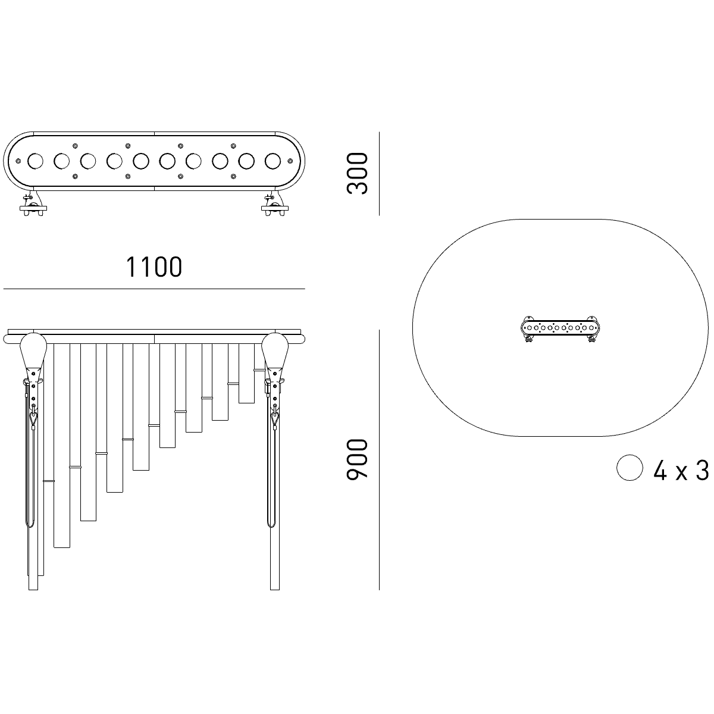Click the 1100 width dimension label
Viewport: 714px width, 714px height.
pyautogui.click(x=154, y=267)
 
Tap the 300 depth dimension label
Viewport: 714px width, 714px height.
pyautogui.click(x=357, y=173)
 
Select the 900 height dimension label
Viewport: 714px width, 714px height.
pyautogui.click(x=357, y=459)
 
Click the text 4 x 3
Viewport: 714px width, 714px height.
pyautogui.click(x=681, y=471)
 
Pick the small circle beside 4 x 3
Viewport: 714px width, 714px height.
pyautogui.click(x=630, y=468)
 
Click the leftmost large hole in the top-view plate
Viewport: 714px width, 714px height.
pyautogui.click(x=35, y=161)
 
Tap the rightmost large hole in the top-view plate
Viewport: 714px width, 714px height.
pyautogui.click(x=273, y=161)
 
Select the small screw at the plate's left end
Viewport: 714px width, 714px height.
pyautogui.click(x=18, y=161)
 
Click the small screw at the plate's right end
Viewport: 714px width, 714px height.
pyautogui.click(x=290, y=161)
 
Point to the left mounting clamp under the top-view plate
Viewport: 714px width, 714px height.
pyautogui.click(x=33, y=205)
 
